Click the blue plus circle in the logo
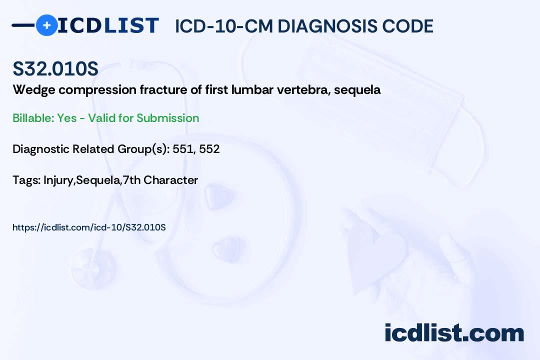click(46, 25)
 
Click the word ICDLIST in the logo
click(108, 25)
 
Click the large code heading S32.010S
click(55, 68)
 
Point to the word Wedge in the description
click(34, 90)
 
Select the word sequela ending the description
click(357, 90)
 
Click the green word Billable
click(33, 118)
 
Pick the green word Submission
click(167, 118)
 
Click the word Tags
click(26, 180)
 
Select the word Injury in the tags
click(58, 180)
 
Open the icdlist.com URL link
click(89, 227)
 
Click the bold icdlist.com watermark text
click(454, 332)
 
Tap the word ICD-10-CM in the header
click(223, 26)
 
